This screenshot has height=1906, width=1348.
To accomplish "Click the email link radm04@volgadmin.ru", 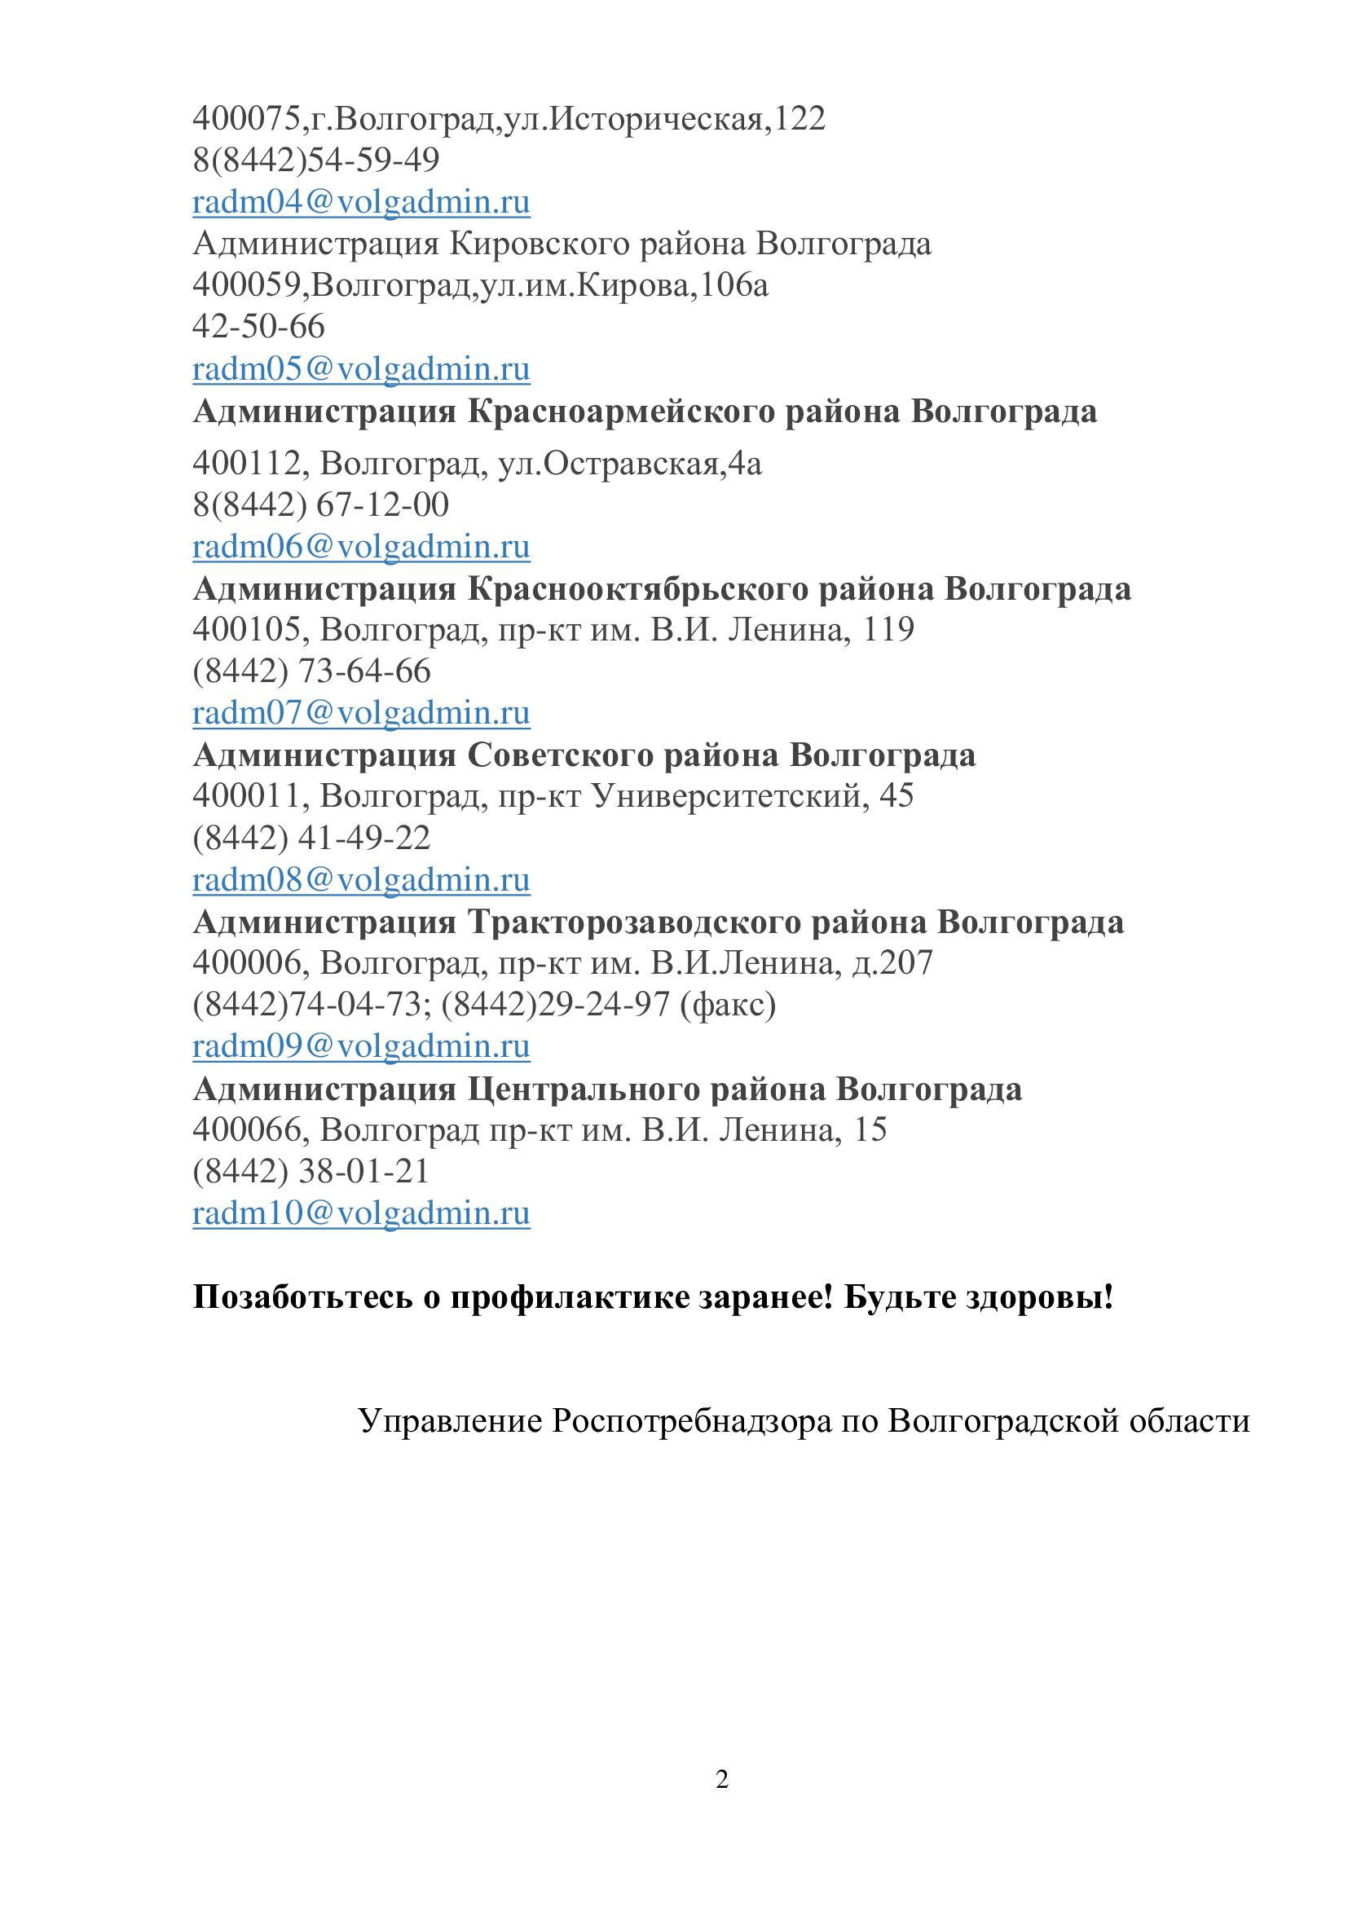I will (x=361, y=203).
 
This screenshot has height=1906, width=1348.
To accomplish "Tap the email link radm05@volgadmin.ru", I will (x=361, y=369).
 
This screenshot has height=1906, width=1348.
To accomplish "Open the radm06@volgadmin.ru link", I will (x=361, y=547).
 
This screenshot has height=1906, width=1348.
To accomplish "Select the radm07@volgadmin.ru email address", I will (x=361, y=713).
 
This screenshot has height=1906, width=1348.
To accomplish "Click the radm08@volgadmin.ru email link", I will (x=361, y=880).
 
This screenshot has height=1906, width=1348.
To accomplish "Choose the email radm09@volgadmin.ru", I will (x=361, y=1046).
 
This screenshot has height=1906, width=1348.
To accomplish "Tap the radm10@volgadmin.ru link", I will (x=361, y=1213).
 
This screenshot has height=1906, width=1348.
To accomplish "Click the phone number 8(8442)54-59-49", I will (x=316, y=161).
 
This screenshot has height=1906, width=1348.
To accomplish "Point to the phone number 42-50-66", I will (x=258, y=326).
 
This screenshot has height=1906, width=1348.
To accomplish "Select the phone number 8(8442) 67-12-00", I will (x=320, y=504).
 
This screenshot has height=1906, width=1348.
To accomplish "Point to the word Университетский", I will (x=729, y=796).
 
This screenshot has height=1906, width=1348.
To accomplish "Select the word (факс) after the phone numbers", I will (x=728, y=1006).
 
